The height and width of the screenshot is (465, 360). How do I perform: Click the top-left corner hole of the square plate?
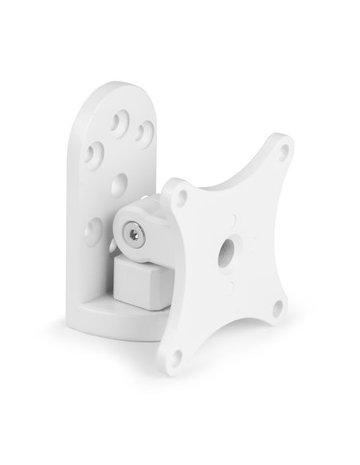[x=182, y=193]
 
